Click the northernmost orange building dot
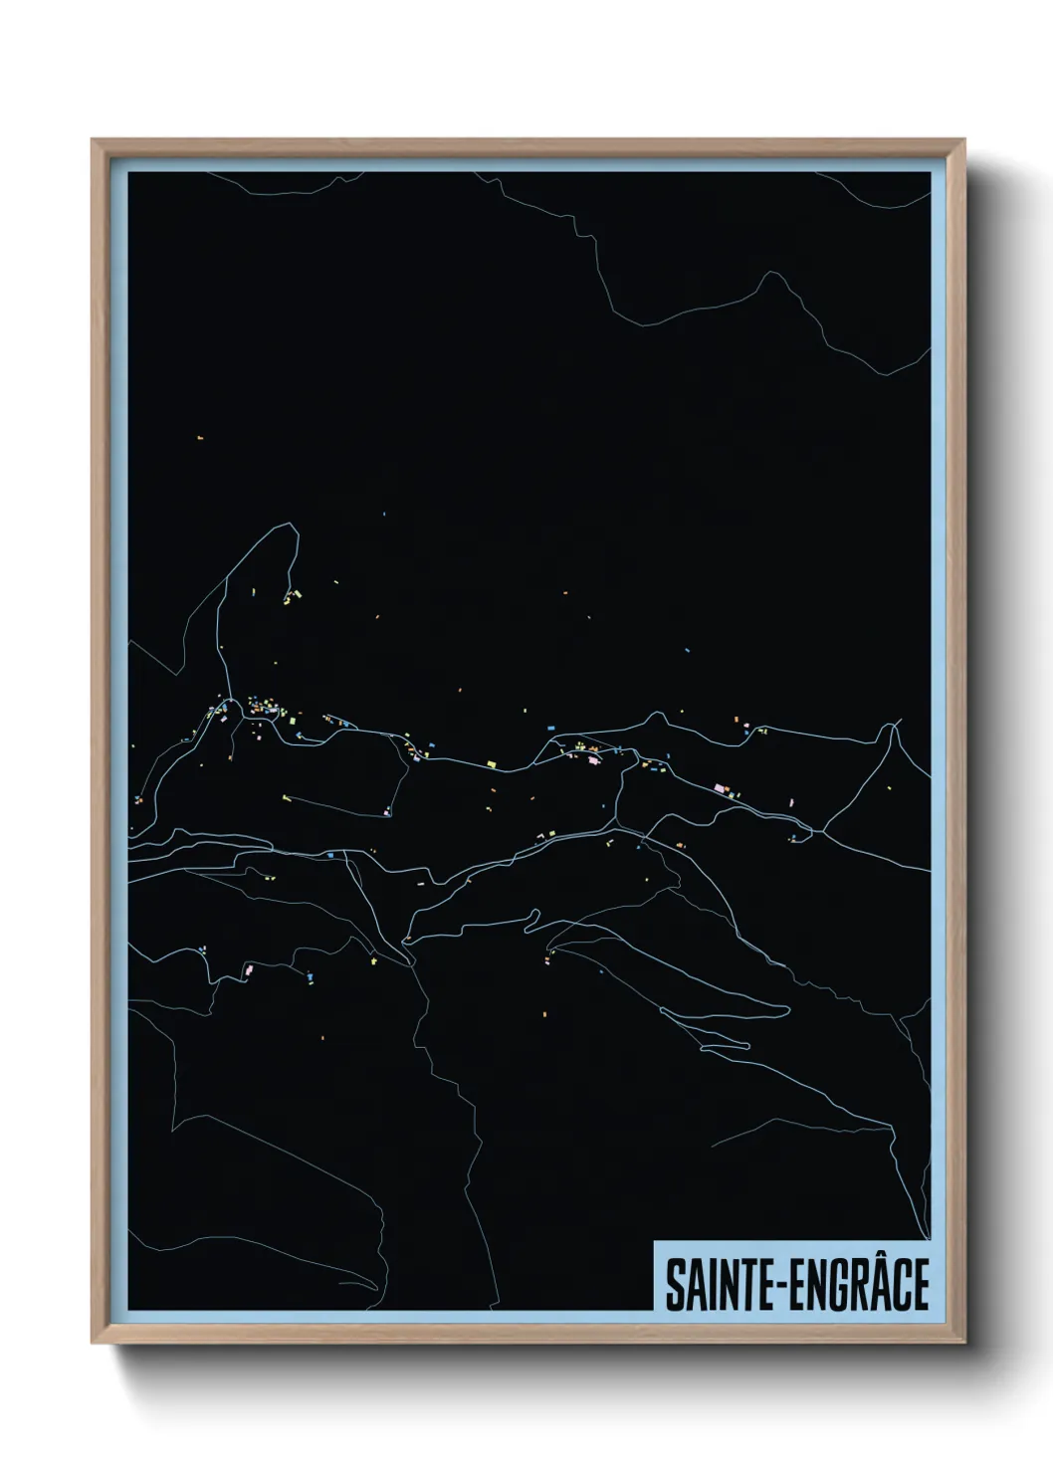tap(200, 438)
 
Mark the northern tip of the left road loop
tap(293, 526)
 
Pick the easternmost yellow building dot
tap(792, 801)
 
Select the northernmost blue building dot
tap(384, 514)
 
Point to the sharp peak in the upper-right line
tap(767, 274)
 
